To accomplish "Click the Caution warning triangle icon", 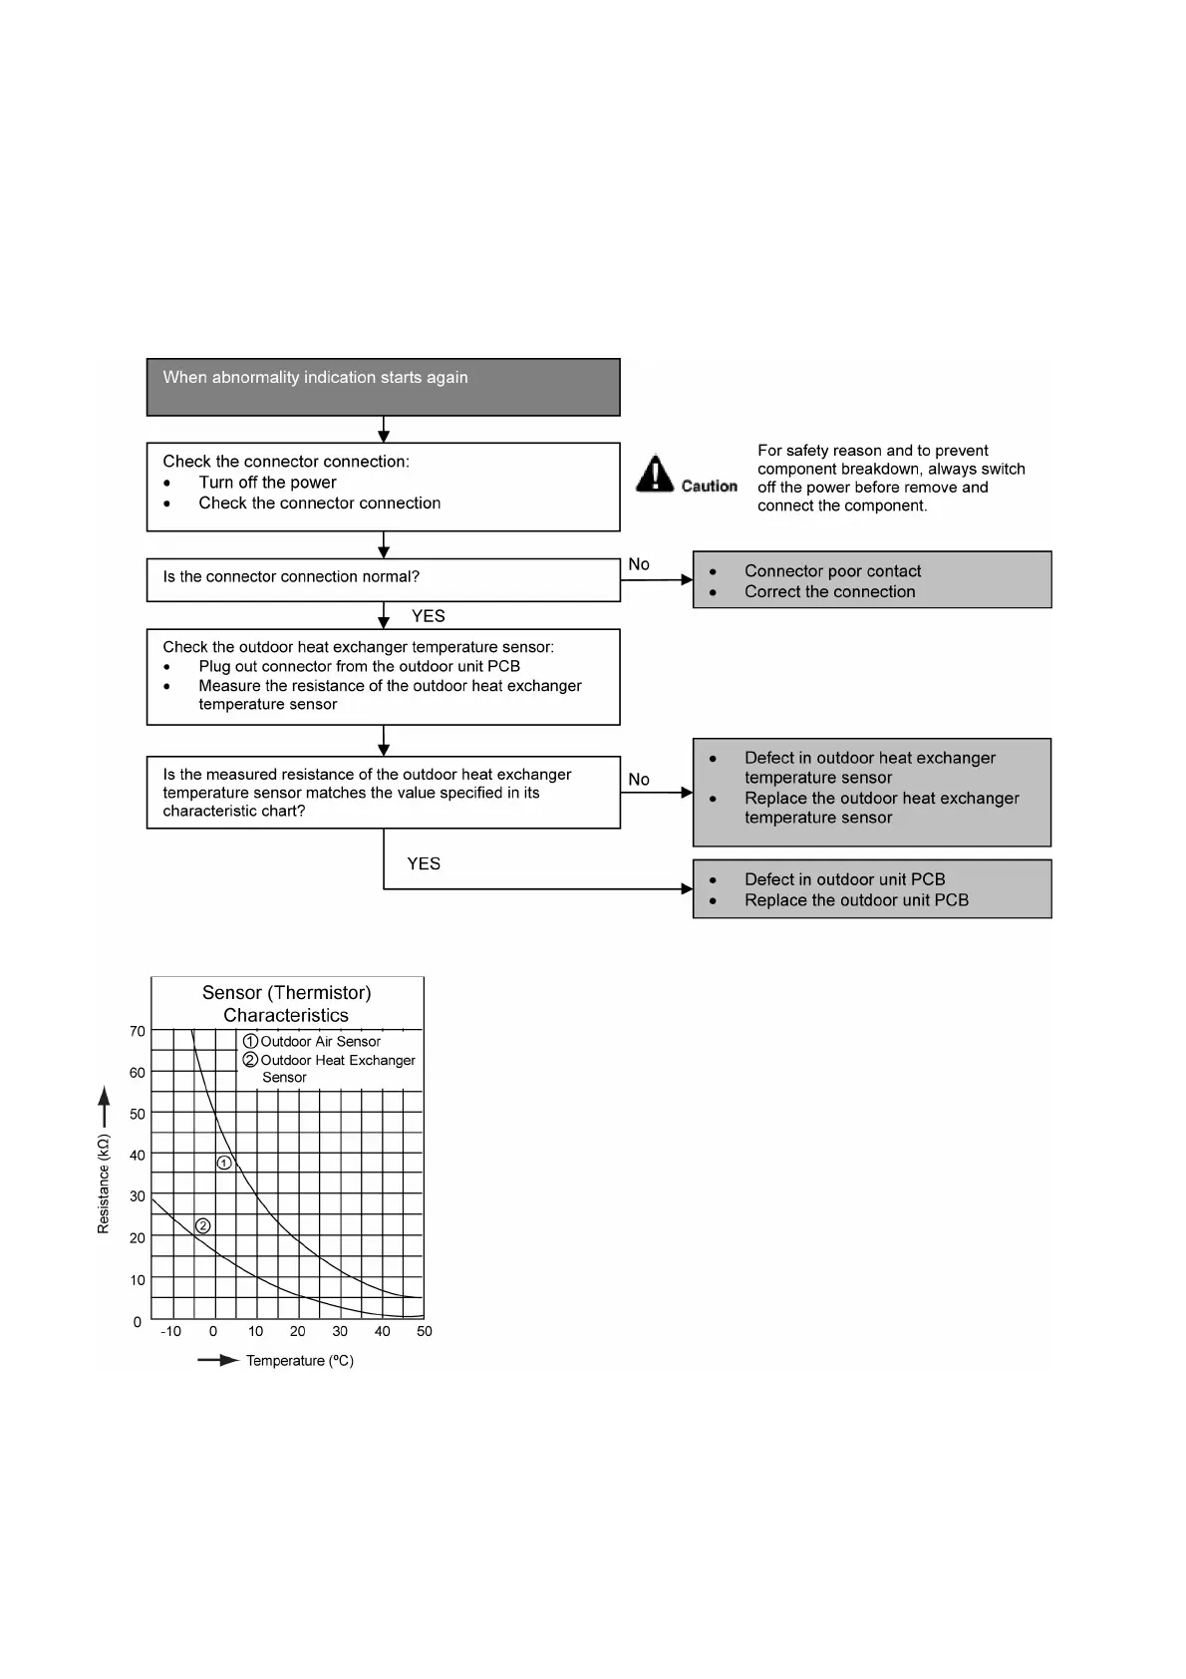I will [655, 475].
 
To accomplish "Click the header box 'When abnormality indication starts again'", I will [383, 387].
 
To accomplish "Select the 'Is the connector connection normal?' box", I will [383, 579].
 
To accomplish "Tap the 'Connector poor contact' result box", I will [871, 580].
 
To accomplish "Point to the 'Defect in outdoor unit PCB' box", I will [871, 889].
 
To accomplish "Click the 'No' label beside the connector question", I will [639, 564].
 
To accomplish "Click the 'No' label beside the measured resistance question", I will [639, 780].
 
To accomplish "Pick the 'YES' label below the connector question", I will [429, 616].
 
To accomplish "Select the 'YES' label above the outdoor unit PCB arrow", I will [424, 863].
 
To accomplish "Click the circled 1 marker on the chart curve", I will [225, 1163].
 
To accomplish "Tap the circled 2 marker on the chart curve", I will [203, 1225].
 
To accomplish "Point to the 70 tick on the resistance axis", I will [138, 1031].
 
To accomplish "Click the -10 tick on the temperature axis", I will [171, 1331].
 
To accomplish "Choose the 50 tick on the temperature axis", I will [425, 1331].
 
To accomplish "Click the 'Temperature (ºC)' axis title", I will [300, 1361].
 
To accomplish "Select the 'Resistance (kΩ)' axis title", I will [104, 1183].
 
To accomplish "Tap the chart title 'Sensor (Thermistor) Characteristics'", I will [286, 1004].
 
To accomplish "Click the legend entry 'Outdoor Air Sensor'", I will [320, 1041].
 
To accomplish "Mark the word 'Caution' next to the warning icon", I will [710, 487].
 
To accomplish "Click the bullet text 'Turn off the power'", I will [267, 483].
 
